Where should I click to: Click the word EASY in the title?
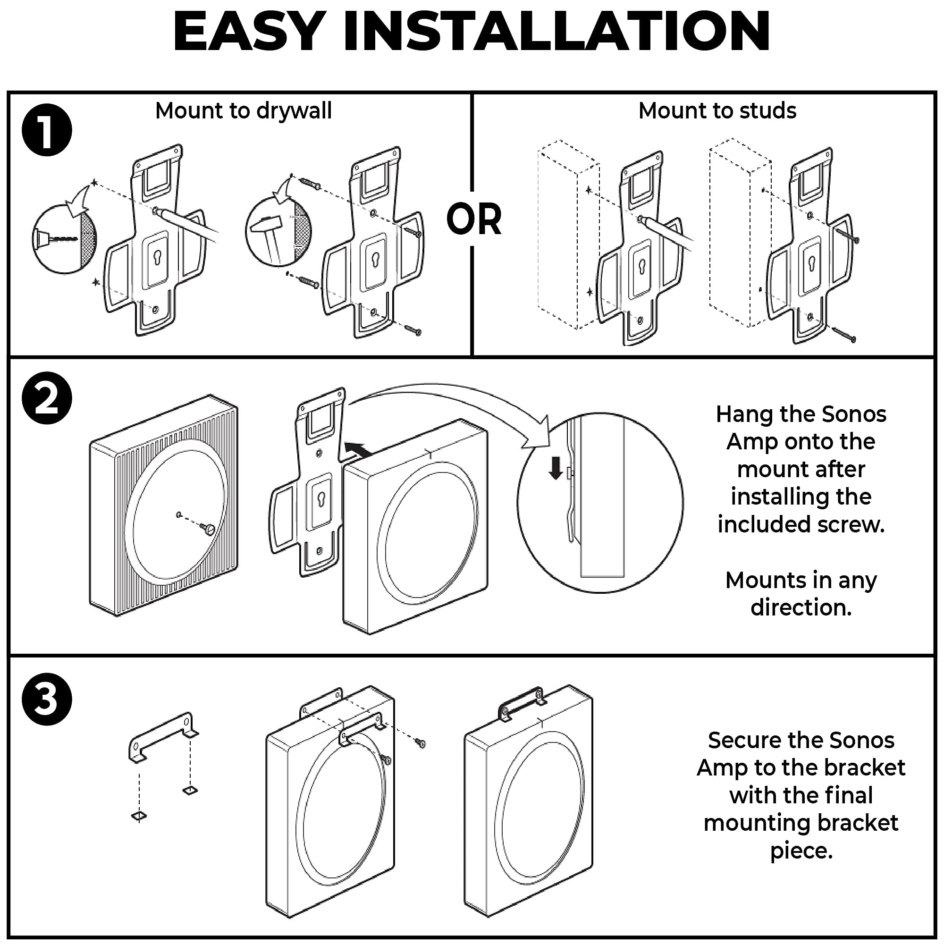(x=249, y=31)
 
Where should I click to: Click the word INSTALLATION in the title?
(x=556, y=31)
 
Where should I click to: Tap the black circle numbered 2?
(x=47, y=398)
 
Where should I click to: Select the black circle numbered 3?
(x=47, y=699)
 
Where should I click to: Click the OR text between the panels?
(x=473, y=219)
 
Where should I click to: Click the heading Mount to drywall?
(x=244, y=110)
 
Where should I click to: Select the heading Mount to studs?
(x=717, y=110)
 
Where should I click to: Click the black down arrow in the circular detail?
(x=556, y=468)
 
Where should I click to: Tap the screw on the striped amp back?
(x=207, y=528)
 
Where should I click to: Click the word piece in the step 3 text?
(x=801, y=851)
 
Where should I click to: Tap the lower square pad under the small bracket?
(x=139, y=816)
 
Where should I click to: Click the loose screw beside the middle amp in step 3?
(x=420, y=742)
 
